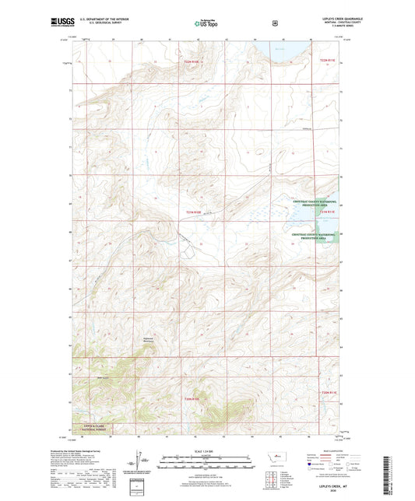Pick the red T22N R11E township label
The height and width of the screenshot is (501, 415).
tap(329, 59)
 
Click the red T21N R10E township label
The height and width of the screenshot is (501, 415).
tap(193, 212)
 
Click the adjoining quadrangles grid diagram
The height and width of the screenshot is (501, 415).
tap(269, 477)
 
